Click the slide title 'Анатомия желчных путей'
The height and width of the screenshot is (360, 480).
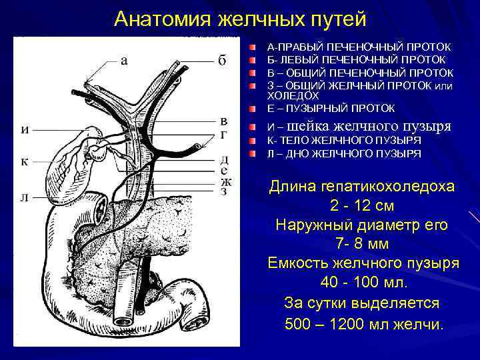[x=240, y=19]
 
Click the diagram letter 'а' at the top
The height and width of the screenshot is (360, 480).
[x=124, y=61]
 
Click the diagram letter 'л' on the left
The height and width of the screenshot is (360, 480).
[x=25, y=197]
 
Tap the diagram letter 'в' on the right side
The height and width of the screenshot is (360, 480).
[x=225, y=121]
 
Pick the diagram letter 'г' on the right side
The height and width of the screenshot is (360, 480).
[x=225, y=135]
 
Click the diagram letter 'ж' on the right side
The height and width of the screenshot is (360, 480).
[x=225, y=181]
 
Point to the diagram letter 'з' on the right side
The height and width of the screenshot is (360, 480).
[x=225, y=192]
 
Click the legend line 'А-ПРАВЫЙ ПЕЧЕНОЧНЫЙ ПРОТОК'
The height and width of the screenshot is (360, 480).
[x=359, y=48]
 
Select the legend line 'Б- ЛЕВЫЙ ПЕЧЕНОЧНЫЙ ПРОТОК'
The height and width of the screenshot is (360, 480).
[x=359, y=60]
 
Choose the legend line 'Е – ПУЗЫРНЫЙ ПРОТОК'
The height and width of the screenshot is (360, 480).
[x=331, y=108]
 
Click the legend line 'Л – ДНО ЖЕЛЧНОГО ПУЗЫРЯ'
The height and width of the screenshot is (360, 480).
[x=343, y=153]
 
